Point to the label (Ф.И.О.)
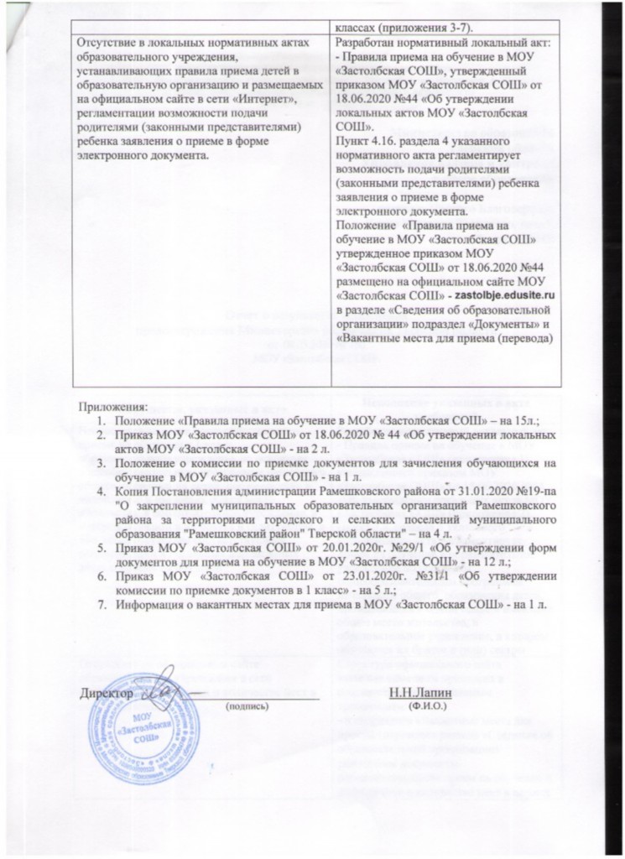click(425, 707)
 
